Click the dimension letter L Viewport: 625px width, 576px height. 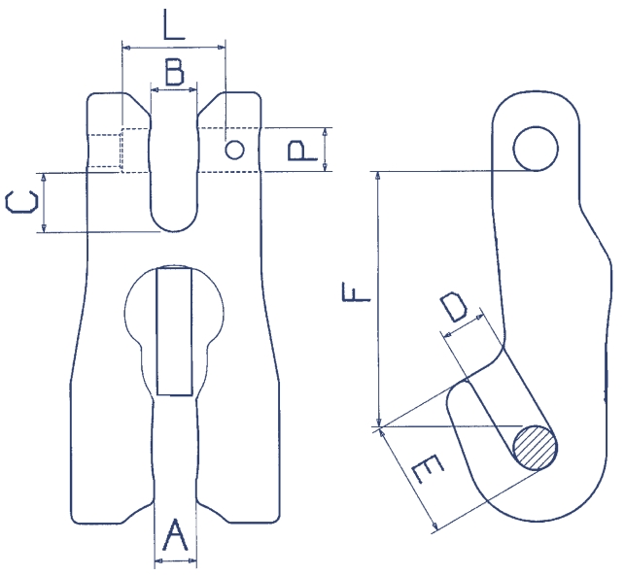pyautogui.click(x=174, y=24)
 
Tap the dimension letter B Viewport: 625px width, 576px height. pyautogui.click(x=175, y=72)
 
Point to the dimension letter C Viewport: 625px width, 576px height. pyautogui.click(x=22, y=201)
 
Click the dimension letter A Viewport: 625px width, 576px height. pyautogui.click(x=175, y=534)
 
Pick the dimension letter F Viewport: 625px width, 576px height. pyautogui.click(x=356, y=291)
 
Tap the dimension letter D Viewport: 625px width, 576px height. pyautogui.click(x=454, y=306)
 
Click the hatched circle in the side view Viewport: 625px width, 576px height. pyautogui.click(x=535, y=448)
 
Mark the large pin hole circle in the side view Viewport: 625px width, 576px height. pyautogui.click(x=536, y=149)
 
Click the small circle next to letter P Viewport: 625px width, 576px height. pyautogui.click(x=234, y=151)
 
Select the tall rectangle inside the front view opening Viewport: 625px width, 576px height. pyautogui.click(x=174, y=331)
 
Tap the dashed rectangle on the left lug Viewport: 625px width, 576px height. pyautogui.click(x=135, y=151)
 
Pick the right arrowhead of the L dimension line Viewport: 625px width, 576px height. pyautogui.click(x=220, y=48)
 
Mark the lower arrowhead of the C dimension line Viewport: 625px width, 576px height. pyautogui.click(x=44, y=227)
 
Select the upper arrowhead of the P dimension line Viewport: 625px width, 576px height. pyautogui.click(x=326, y=133)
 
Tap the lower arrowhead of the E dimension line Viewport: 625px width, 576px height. pyautogui.click(x=434, y=525)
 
